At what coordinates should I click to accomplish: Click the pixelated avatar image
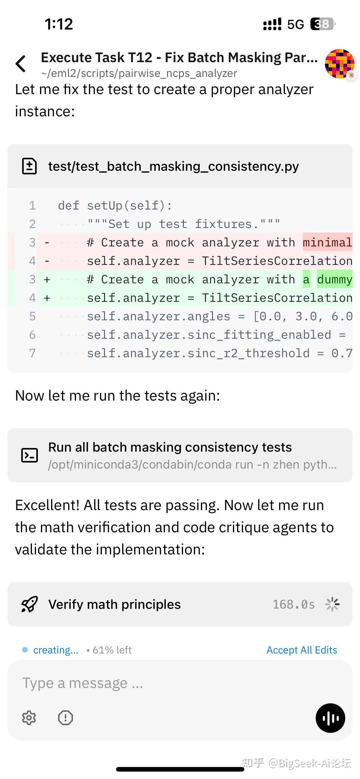(x=339, y=63)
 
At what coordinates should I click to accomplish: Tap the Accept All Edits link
(x=302, y=650)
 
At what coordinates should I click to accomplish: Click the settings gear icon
(x=29, y=718)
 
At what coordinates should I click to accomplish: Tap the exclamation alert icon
(x=66, y=718)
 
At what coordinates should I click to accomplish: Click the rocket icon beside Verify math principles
(x=30, y=604)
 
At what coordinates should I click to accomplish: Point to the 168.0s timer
(x=294, y=604)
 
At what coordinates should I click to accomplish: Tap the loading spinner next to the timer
(x=332, y=604)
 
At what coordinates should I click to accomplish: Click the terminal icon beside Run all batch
(x=30, y=455)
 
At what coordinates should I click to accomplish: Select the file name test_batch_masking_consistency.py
(x=173, y=166)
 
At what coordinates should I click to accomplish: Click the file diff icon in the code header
(x=30, y=166)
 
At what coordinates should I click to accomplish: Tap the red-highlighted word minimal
(x=327, y=242)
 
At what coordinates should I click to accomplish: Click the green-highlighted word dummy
(x=334, y=279)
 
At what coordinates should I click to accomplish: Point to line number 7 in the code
(x=32, y=353)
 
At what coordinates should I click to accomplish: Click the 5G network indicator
(x=295, y=24)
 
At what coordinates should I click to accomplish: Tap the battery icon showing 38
(x=322, y=24)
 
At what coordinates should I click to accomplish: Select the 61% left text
(x=112, y=650)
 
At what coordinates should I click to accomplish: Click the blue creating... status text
(x=56, y=650)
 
